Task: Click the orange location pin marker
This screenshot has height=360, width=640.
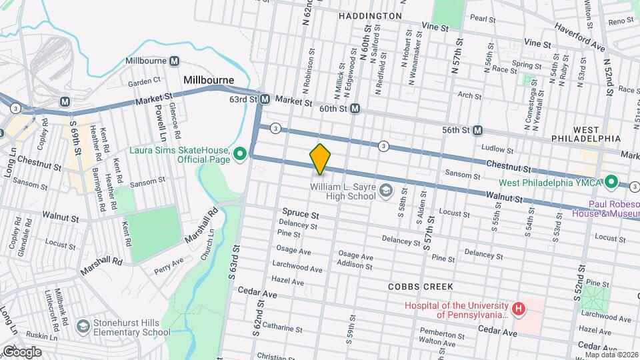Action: [x=320, y=159]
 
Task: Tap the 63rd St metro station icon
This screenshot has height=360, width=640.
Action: [x=265, y=99]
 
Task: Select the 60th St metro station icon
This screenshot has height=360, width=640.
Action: [x=355, y=108]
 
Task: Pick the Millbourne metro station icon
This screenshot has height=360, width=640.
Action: [x=175, y=61]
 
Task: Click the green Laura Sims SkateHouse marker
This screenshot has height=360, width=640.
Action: [x=240, y=155]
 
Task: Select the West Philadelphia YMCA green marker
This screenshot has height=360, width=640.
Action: [x=609, y=182]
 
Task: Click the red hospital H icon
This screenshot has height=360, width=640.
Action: [x=517, y=309]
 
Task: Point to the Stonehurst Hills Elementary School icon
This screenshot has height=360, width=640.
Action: [x=83, y=327]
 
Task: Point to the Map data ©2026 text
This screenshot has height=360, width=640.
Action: [x=611, y=355]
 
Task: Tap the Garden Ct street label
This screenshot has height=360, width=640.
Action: [x=145, y=81]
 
